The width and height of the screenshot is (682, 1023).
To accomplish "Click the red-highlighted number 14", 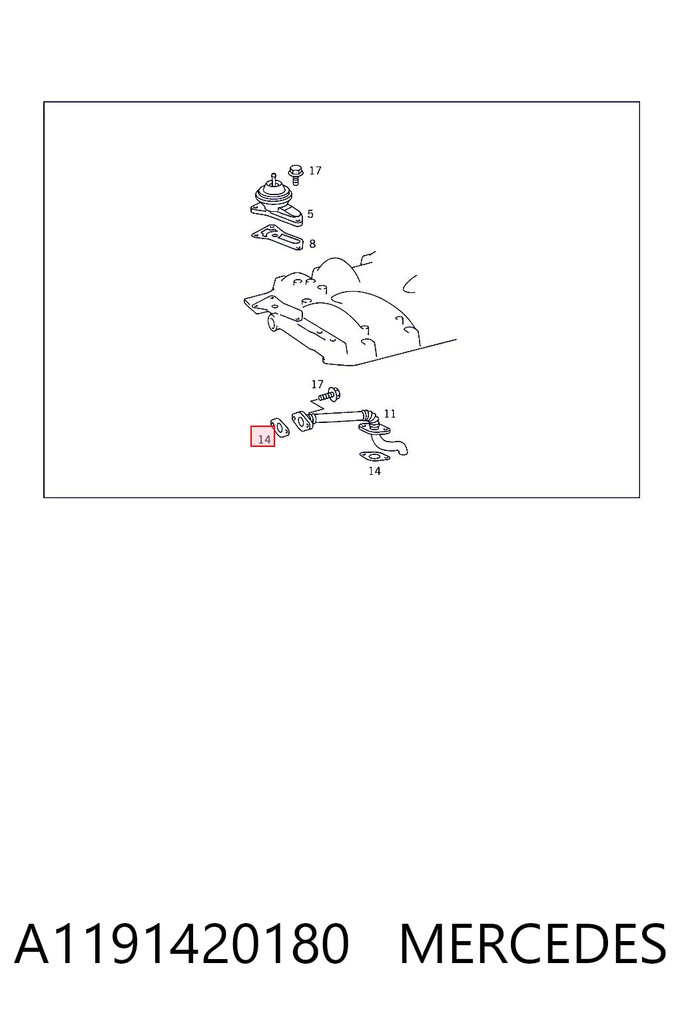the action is (264, 440).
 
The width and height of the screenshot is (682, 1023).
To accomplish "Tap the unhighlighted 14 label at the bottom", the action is (374, 471).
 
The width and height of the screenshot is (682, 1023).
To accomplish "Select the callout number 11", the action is (390, 414).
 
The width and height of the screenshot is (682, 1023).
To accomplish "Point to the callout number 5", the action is (310, 214).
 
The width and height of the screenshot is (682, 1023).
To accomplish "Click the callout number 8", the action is (312, 244).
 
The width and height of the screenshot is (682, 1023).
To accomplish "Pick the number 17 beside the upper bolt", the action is (315, 170).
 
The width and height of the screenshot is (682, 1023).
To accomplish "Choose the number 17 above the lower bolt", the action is (318, 384).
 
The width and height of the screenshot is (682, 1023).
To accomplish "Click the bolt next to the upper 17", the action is (295, 174).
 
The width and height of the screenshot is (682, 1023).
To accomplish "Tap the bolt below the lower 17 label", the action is (330, 395).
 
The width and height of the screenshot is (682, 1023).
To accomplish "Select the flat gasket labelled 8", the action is (277, 237).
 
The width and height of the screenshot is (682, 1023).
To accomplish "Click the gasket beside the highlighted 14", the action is (280, 428).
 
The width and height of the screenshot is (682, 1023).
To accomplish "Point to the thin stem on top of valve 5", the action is (274, 178).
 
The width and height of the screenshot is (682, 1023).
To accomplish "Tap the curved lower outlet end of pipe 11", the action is (398, 447).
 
